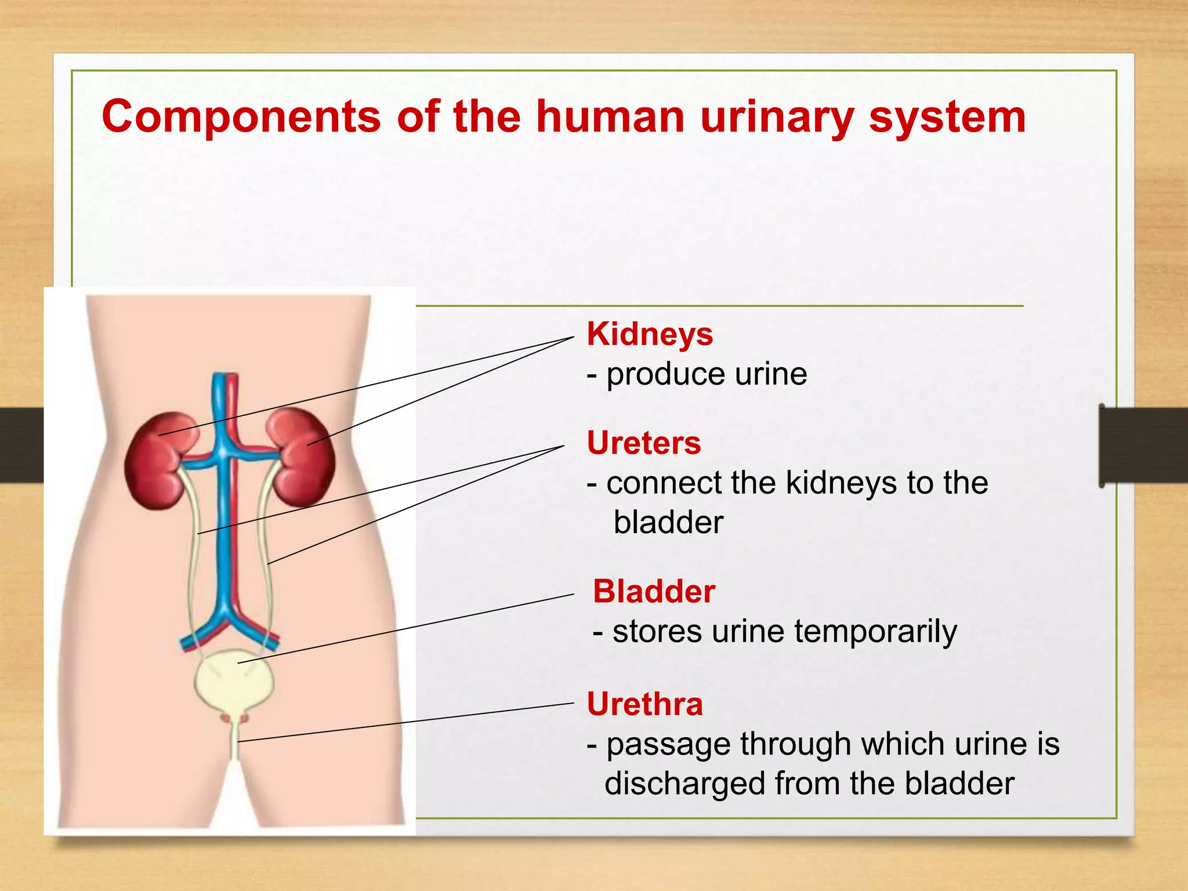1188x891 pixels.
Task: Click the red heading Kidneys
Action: coord(650,335)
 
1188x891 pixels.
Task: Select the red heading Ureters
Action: coord(644,443)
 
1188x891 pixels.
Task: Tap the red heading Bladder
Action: coord(654,592)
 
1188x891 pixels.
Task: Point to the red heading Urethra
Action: coord(644,704)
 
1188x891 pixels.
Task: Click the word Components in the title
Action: coord(241,117)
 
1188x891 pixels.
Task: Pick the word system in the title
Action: coord(947,117)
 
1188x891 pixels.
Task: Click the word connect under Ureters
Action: coord(664,483)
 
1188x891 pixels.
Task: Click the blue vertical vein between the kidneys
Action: coord(223,522)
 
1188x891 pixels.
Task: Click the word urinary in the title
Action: coord(777,117)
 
